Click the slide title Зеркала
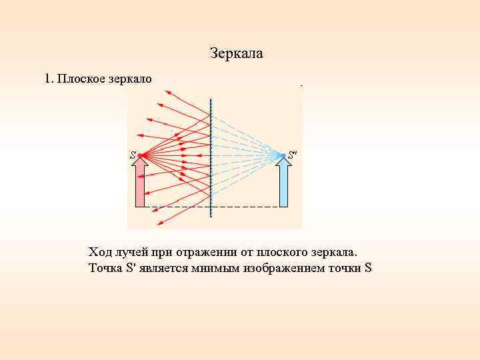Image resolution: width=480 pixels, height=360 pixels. (236, 53)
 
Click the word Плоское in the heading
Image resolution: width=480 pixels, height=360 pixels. (79, 79)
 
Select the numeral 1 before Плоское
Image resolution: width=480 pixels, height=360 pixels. (47, 79)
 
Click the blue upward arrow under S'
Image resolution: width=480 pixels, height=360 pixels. (283, 186)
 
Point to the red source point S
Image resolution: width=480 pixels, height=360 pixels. (141, 156)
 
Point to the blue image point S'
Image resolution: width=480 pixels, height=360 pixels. (283, 156)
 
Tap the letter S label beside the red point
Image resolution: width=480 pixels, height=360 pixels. (133, 155)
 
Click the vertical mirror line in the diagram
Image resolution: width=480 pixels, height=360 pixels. (211, 160)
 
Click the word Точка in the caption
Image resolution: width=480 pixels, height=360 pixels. (104, 269)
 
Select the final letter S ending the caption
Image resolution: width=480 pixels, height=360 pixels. (368, 269)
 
